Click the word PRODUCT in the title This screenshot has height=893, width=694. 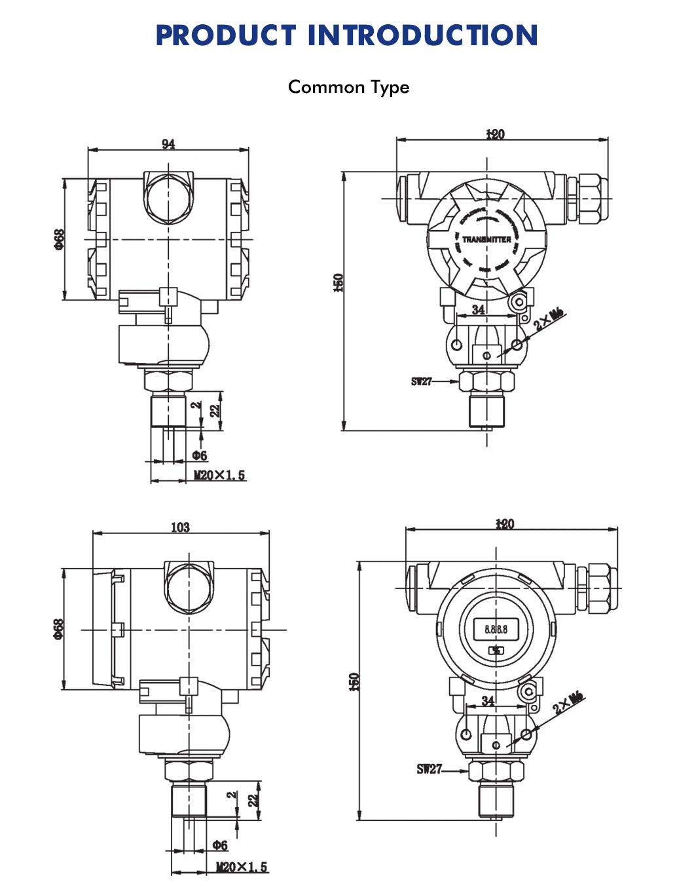225,35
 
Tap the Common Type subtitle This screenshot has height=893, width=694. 348,87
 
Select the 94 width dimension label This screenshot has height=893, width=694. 168,143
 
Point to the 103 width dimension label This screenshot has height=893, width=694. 180,527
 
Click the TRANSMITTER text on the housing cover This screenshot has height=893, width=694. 486,239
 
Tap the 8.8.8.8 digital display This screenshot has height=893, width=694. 496,629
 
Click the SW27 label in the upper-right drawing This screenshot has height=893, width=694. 422,381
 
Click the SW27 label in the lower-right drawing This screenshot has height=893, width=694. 429,769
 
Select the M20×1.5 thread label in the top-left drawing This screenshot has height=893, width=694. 219,475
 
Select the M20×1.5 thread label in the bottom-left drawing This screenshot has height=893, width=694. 242,867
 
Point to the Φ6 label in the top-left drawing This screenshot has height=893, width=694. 200,455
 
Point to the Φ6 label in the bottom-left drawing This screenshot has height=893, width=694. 220,845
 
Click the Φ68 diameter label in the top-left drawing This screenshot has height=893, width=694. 59,239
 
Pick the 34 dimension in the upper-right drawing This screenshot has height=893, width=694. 479,309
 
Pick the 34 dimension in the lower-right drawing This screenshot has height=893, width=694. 488,700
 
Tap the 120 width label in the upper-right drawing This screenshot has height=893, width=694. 495,134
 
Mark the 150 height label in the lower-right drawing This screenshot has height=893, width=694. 354,681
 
